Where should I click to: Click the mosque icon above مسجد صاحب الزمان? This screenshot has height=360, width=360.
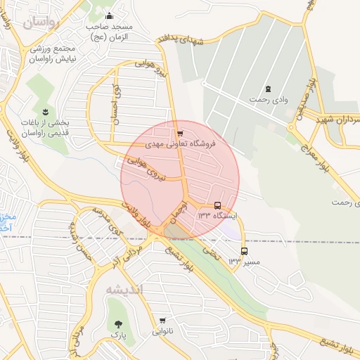(108, 16)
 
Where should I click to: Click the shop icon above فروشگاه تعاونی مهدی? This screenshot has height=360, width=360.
(180, 132)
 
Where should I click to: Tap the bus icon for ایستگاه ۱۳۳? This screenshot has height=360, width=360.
(217, 206)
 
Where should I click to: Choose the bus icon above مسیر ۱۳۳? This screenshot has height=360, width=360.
(244, 251)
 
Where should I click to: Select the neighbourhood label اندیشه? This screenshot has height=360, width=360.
(124, 290)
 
